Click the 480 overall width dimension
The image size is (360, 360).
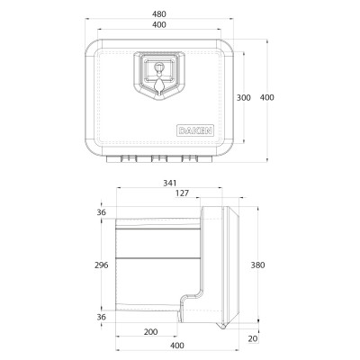tap(159, 14)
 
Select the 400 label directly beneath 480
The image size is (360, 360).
tap(159, 25)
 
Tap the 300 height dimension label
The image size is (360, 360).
tap(244, 97)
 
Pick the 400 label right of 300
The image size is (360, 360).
tap(267, 97)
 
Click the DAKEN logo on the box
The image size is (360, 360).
tap(195, 130)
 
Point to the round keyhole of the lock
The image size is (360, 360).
tap(158, 67)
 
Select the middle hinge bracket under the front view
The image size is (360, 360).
tap(159, 158)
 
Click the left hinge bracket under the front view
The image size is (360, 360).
tap(129, 158)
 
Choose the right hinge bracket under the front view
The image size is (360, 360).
tap(190, 158)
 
